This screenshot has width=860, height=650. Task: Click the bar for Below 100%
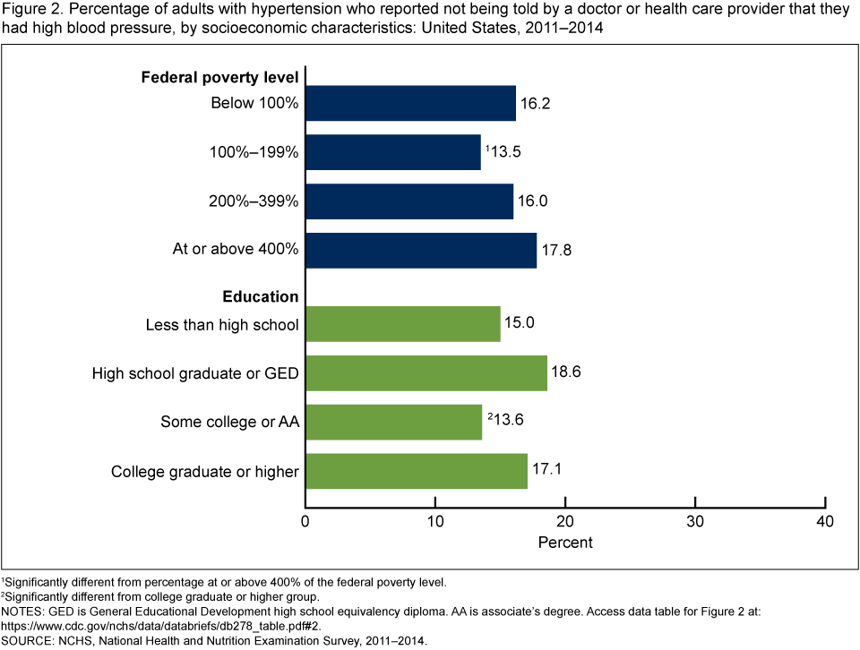(410, 103)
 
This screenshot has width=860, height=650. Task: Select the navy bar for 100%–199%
(393, 151)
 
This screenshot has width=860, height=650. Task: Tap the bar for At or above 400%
(421, 250)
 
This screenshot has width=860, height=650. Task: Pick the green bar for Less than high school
(403, 323)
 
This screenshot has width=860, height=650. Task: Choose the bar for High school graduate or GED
(426, 372)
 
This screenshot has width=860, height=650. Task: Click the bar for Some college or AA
(394, 421)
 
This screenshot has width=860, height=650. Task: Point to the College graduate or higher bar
(417, 469)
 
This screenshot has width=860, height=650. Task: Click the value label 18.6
(567, 372)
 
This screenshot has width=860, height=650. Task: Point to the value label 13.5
(503, 151)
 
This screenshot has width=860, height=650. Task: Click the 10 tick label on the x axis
(435, 522)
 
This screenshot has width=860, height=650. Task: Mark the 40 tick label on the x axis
(824, 522)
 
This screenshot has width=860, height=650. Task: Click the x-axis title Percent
(565, 543)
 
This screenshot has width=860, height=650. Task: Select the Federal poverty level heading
(219, 77)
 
